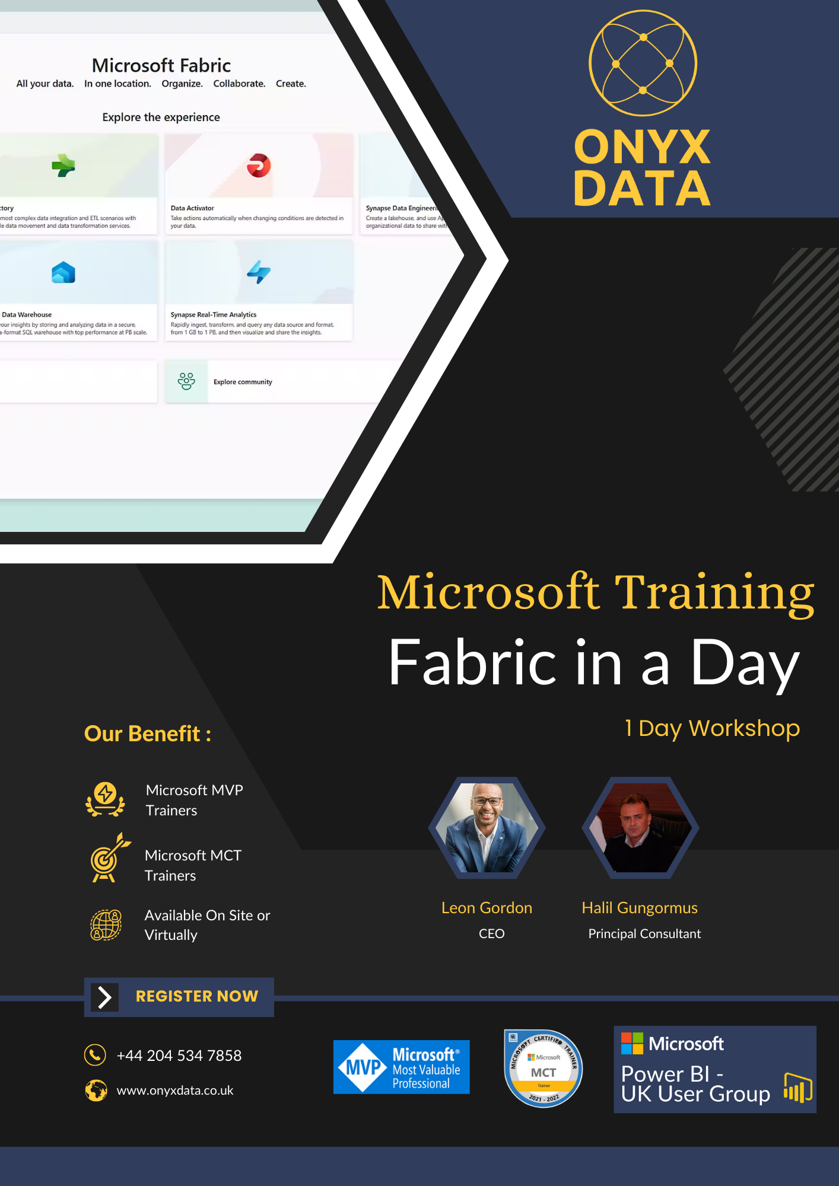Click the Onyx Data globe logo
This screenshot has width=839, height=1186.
pos(643,63)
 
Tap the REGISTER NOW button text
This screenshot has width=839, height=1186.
pos(196,996)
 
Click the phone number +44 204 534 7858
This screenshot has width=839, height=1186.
pos(179,1056)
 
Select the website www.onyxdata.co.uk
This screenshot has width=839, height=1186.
pos(175,1091)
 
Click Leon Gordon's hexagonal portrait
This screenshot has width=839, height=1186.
pos(487,828)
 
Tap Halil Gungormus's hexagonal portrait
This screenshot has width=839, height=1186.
pos(640,828)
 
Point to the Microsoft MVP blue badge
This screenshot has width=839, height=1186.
pos(401,1067)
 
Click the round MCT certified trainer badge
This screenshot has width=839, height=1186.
pos(543,1068)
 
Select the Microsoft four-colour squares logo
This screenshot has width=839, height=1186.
pos(632,1044)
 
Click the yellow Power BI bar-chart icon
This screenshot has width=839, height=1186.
pos(797,1088)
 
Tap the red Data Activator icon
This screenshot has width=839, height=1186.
pos(259,165)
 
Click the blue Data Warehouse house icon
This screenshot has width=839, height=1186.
pos(63,273)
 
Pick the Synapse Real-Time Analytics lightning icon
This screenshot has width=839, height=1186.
pos(259,272)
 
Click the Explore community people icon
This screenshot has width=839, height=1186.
pos(186,381)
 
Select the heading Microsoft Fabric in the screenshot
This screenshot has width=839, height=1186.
pos(161,65)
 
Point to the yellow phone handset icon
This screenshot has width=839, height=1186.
pos(95,1055)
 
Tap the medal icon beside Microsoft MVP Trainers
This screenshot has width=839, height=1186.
pos(106,799)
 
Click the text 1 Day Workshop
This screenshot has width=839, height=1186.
pos(712,728)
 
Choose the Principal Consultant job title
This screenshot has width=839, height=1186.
pos(644,933)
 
